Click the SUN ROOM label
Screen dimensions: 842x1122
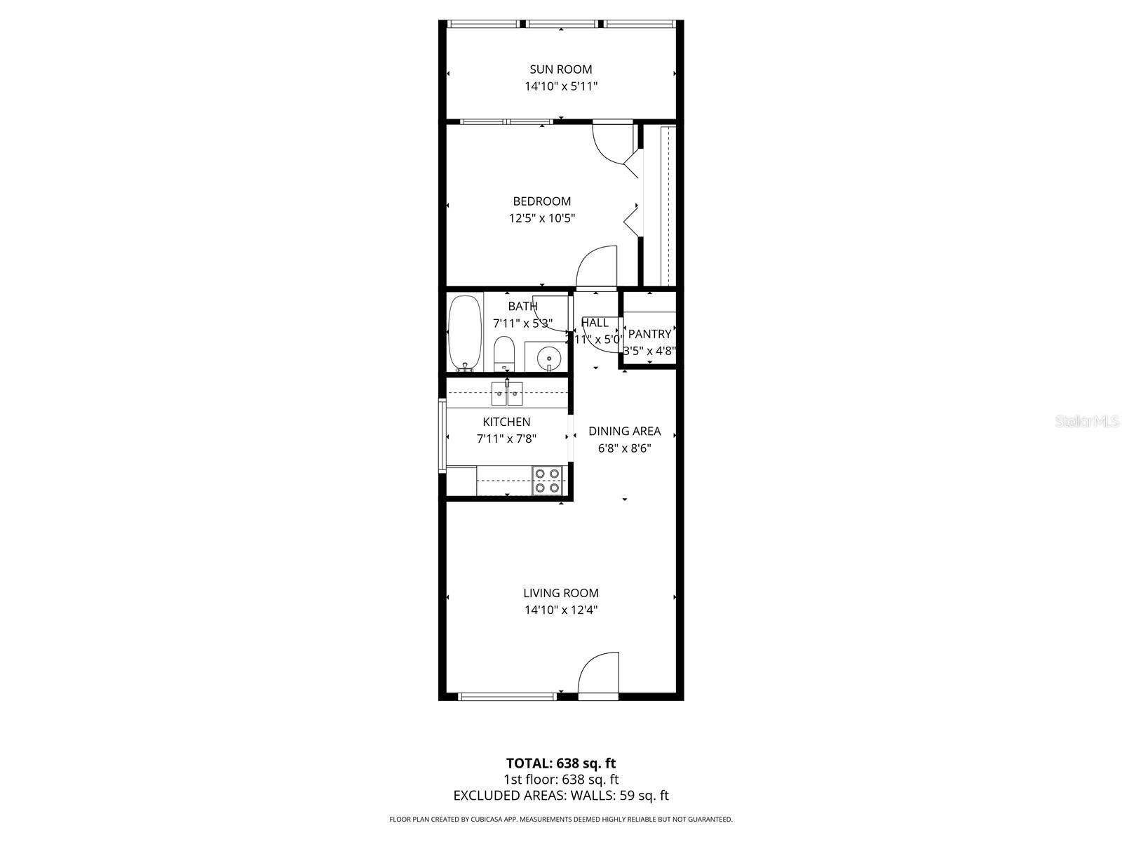[560, 69]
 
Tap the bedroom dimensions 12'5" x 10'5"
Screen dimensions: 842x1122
[541, 218]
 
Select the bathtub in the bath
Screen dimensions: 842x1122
[464, 333]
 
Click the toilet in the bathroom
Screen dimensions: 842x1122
[504, 354]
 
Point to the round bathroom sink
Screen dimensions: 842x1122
[548, 358]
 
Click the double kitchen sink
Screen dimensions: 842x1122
[507, 394]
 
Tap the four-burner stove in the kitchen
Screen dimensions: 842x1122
[548, 481]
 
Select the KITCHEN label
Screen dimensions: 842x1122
[506, 422]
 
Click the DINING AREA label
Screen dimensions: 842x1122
[624, 431]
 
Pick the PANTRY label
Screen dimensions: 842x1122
[649, 334]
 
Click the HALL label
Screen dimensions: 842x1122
[595, 323]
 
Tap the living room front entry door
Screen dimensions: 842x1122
[598, 675]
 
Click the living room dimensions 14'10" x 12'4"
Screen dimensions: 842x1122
[561, 610]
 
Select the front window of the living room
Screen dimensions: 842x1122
[507, 696]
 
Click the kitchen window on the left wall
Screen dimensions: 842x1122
[442, 435]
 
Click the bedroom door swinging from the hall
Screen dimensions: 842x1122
[596, 267]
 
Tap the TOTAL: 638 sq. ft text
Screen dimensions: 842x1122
[561, 763]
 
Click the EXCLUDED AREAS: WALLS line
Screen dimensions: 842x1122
[561, 795]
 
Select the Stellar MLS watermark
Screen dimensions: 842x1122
[1088, 422]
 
